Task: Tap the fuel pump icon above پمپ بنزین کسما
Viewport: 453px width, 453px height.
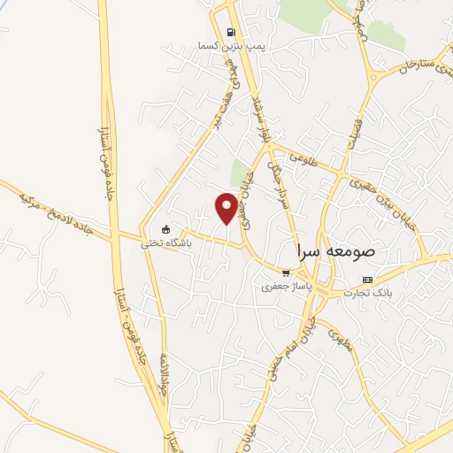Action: tap(232, 27)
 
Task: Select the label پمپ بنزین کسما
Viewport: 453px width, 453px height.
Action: tap(231, 44)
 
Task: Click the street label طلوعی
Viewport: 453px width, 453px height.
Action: tap(326, 159)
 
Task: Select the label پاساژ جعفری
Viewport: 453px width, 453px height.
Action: tap(283, 287)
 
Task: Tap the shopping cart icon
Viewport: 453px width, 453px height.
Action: tap(284, 273)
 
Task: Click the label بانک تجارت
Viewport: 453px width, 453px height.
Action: tap(393, 292)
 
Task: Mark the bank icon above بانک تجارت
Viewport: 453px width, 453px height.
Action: tap(392, 279)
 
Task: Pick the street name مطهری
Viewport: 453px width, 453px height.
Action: tap(343, 339)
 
